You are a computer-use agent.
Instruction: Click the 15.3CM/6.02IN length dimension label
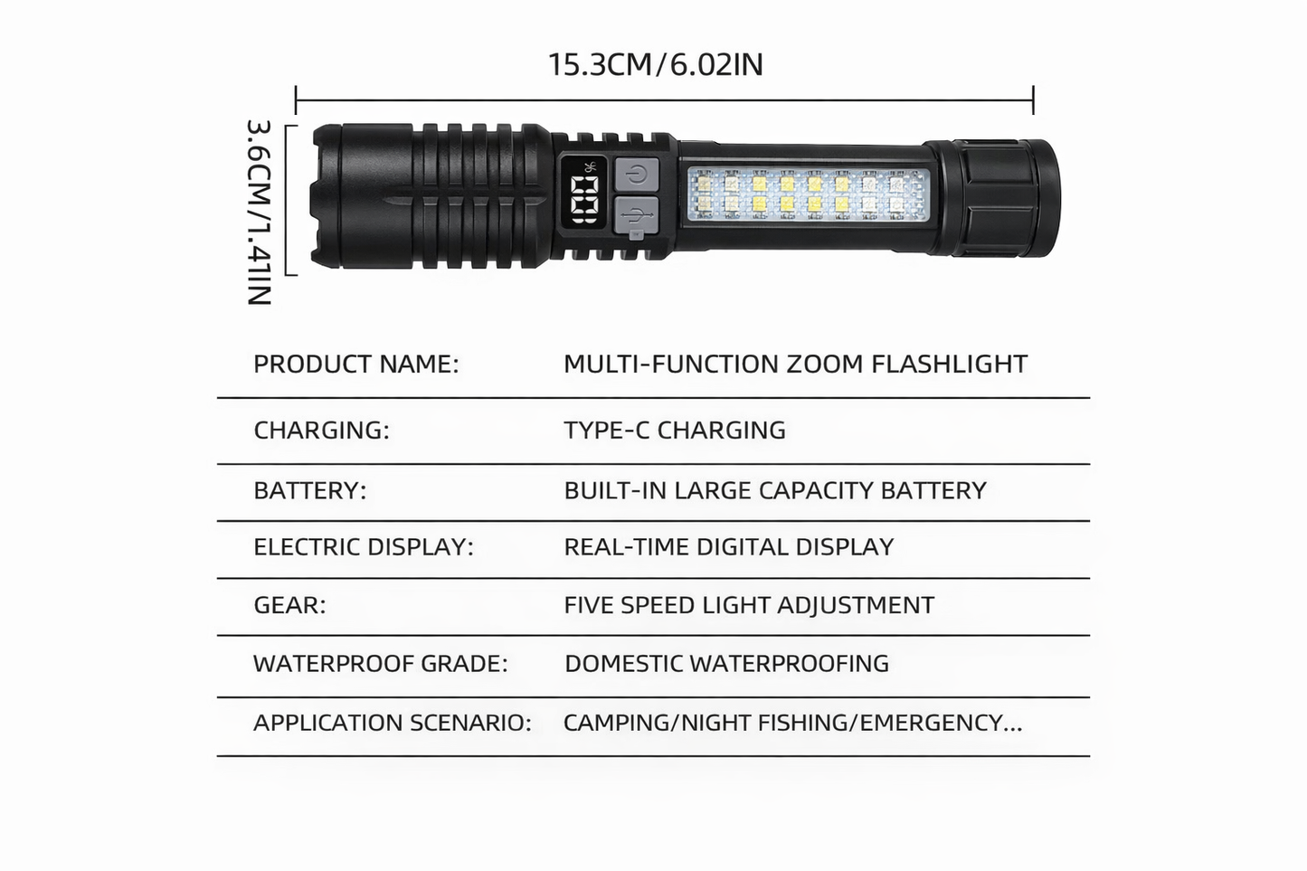point(655,65)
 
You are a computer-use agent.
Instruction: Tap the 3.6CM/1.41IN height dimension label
point(259,213)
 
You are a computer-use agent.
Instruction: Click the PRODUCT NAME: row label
point(356,364)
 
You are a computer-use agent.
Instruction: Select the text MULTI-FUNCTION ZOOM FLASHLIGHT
point(795,364)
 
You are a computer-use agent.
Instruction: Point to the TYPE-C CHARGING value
point(675,430)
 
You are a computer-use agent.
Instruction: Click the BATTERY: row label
point(310,490)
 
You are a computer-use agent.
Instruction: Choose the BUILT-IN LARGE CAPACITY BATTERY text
point(775,490)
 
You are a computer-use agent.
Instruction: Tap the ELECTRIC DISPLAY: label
point(364,547)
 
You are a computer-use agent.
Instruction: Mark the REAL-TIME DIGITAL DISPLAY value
point(729,547)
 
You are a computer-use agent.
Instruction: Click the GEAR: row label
point(289,605)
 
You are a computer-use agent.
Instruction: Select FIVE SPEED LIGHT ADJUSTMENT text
point(749,605)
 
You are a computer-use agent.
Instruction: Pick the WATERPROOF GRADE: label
point(381,663)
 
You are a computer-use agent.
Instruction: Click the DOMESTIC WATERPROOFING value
point(726,663)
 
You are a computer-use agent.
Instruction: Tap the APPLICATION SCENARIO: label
point(393,723)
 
